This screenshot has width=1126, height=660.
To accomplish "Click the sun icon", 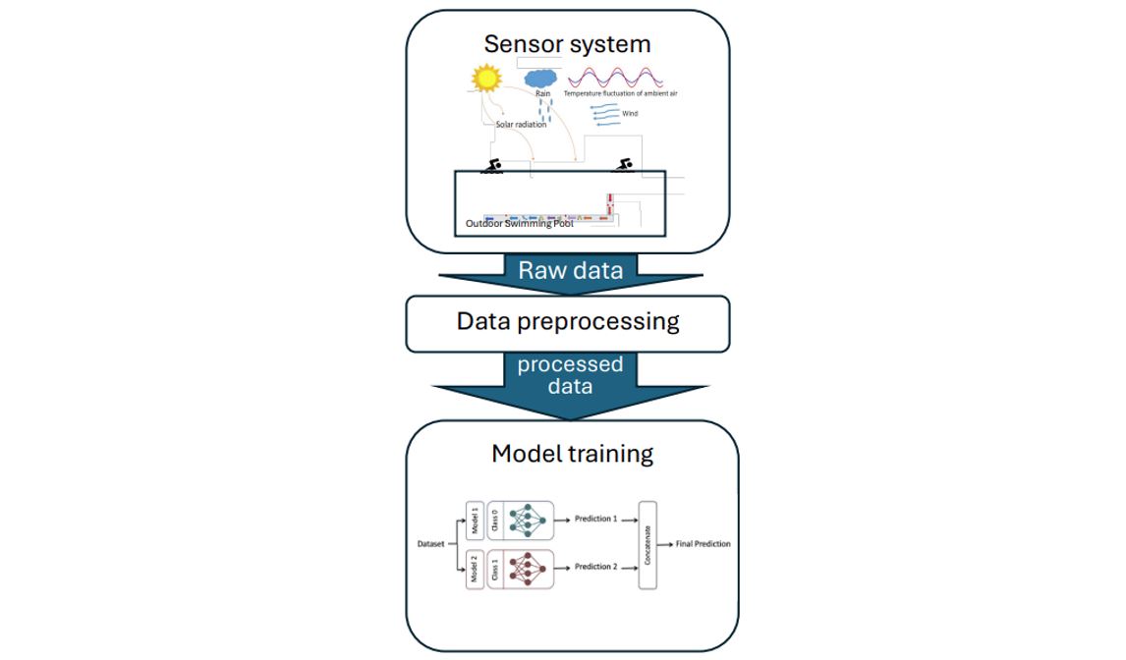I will point(485,78).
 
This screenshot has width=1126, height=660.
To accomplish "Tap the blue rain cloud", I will point(541,77).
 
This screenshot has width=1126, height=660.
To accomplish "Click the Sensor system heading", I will point(567,44).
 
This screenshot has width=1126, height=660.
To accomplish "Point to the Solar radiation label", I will point(521,125).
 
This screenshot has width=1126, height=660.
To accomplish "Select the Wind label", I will point(630,114).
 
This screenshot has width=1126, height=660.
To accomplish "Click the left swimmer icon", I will point(491,166).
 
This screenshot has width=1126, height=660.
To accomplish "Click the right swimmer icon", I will point(622,165).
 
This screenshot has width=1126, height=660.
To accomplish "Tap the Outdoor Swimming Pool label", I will point(519,224).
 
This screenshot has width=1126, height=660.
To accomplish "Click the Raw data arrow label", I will point(570,270).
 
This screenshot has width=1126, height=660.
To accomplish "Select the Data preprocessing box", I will point(568,322).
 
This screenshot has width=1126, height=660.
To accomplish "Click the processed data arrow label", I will point(570,375).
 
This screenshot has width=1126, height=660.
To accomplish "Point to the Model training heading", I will point(572,453).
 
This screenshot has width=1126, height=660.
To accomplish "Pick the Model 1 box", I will point(474,521).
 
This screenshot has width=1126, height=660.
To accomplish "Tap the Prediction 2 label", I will point(595,567).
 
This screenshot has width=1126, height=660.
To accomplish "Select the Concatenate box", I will point(647,544).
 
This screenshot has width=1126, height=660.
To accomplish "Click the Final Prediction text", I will point(704,543).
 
